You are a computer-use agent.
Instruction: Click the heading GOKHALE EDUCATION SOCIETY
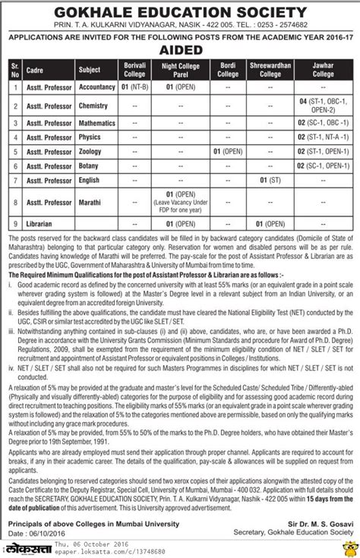(x=180, y=11)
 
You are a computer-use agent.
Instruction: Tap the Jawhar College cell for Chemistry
(x=322, y=105)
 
